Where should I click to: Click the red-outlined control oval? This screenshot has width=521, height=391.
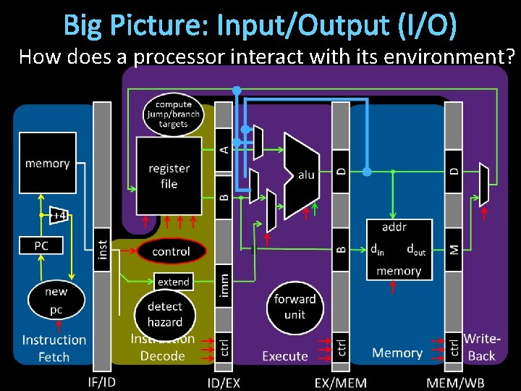[171, 252]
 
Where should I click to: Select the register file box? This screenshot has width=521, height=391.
[169, 175]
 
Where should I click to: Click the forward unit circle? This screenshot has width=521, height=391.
[295, 306]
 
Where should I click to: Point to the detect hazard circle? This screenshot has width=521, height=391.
[165, 314]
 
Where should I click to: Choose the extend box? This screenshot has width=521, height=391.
[174, 282]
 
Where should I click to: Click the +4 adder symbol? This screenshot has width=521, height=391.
[59, 214]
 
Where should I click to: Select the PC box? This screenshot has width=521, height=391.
[41, 246]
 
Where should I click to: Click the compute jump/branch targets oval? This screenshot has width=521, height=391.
[174, 114]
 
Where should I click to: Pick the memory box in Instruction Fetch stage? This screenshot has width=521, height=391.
[47, 163]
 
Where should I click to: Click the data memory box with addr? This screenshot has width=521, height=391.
[399, 250]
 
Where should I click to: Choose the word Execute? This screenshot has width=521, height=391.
[284, 356]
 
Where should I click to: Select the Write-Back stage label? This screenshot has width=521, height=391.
[481, 347]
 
